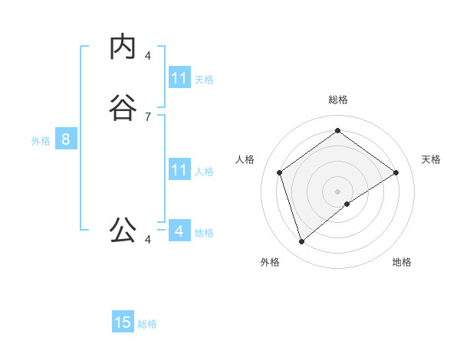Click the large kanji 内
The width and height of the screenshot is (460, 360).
[x=123, y=47]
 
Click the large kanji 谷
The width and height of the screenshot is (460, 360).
[x=123, y=109]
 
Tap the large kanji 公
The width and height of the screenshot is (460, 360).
[x=123, y=229]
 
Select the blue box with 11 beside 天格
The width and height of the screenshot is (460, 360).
[x=179, y=78]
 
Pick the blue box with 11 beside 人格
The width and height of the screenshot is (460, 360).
[x=179, y=170]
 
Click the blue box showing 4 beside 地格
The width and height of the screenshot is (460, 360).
[x=179, y=231]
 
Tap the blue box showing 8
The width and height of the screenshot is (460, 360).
[x=66, y=139]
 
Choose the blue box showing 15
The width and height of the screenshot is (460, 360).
[x=123, y=322]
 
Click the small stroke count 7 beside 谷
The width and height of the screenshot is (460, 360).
[x=148, y=116]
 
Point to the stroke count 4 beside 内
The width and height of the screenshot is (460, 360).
[x=148, y=55]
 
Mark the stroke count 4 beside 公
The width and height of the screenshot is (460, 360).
[x=148, y=240]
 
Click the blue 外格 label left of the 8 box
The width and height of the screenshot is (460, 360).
[x=41, y=141]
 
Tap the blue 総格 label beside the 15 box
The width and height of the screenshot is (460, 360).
[x=147, y=324]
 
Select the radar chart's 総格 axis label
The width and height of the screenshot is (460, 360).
[x=338, y=100]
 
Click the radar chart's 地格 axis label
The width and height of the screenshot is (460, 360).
[x=402, y=262]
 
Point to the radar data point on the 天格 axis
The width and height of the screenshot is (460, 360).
[x=396, y=172]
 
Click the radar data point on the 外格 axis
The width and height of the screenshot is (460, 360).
[x=302, y=242]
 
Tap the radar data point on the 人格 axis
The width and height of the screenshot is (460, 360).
[x=280, y=172]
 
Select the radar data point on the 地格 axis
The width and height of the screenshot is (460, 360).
[x=347, y=204]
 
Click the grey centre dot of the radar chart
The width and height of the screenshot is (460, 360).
[x=338, y=191]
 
